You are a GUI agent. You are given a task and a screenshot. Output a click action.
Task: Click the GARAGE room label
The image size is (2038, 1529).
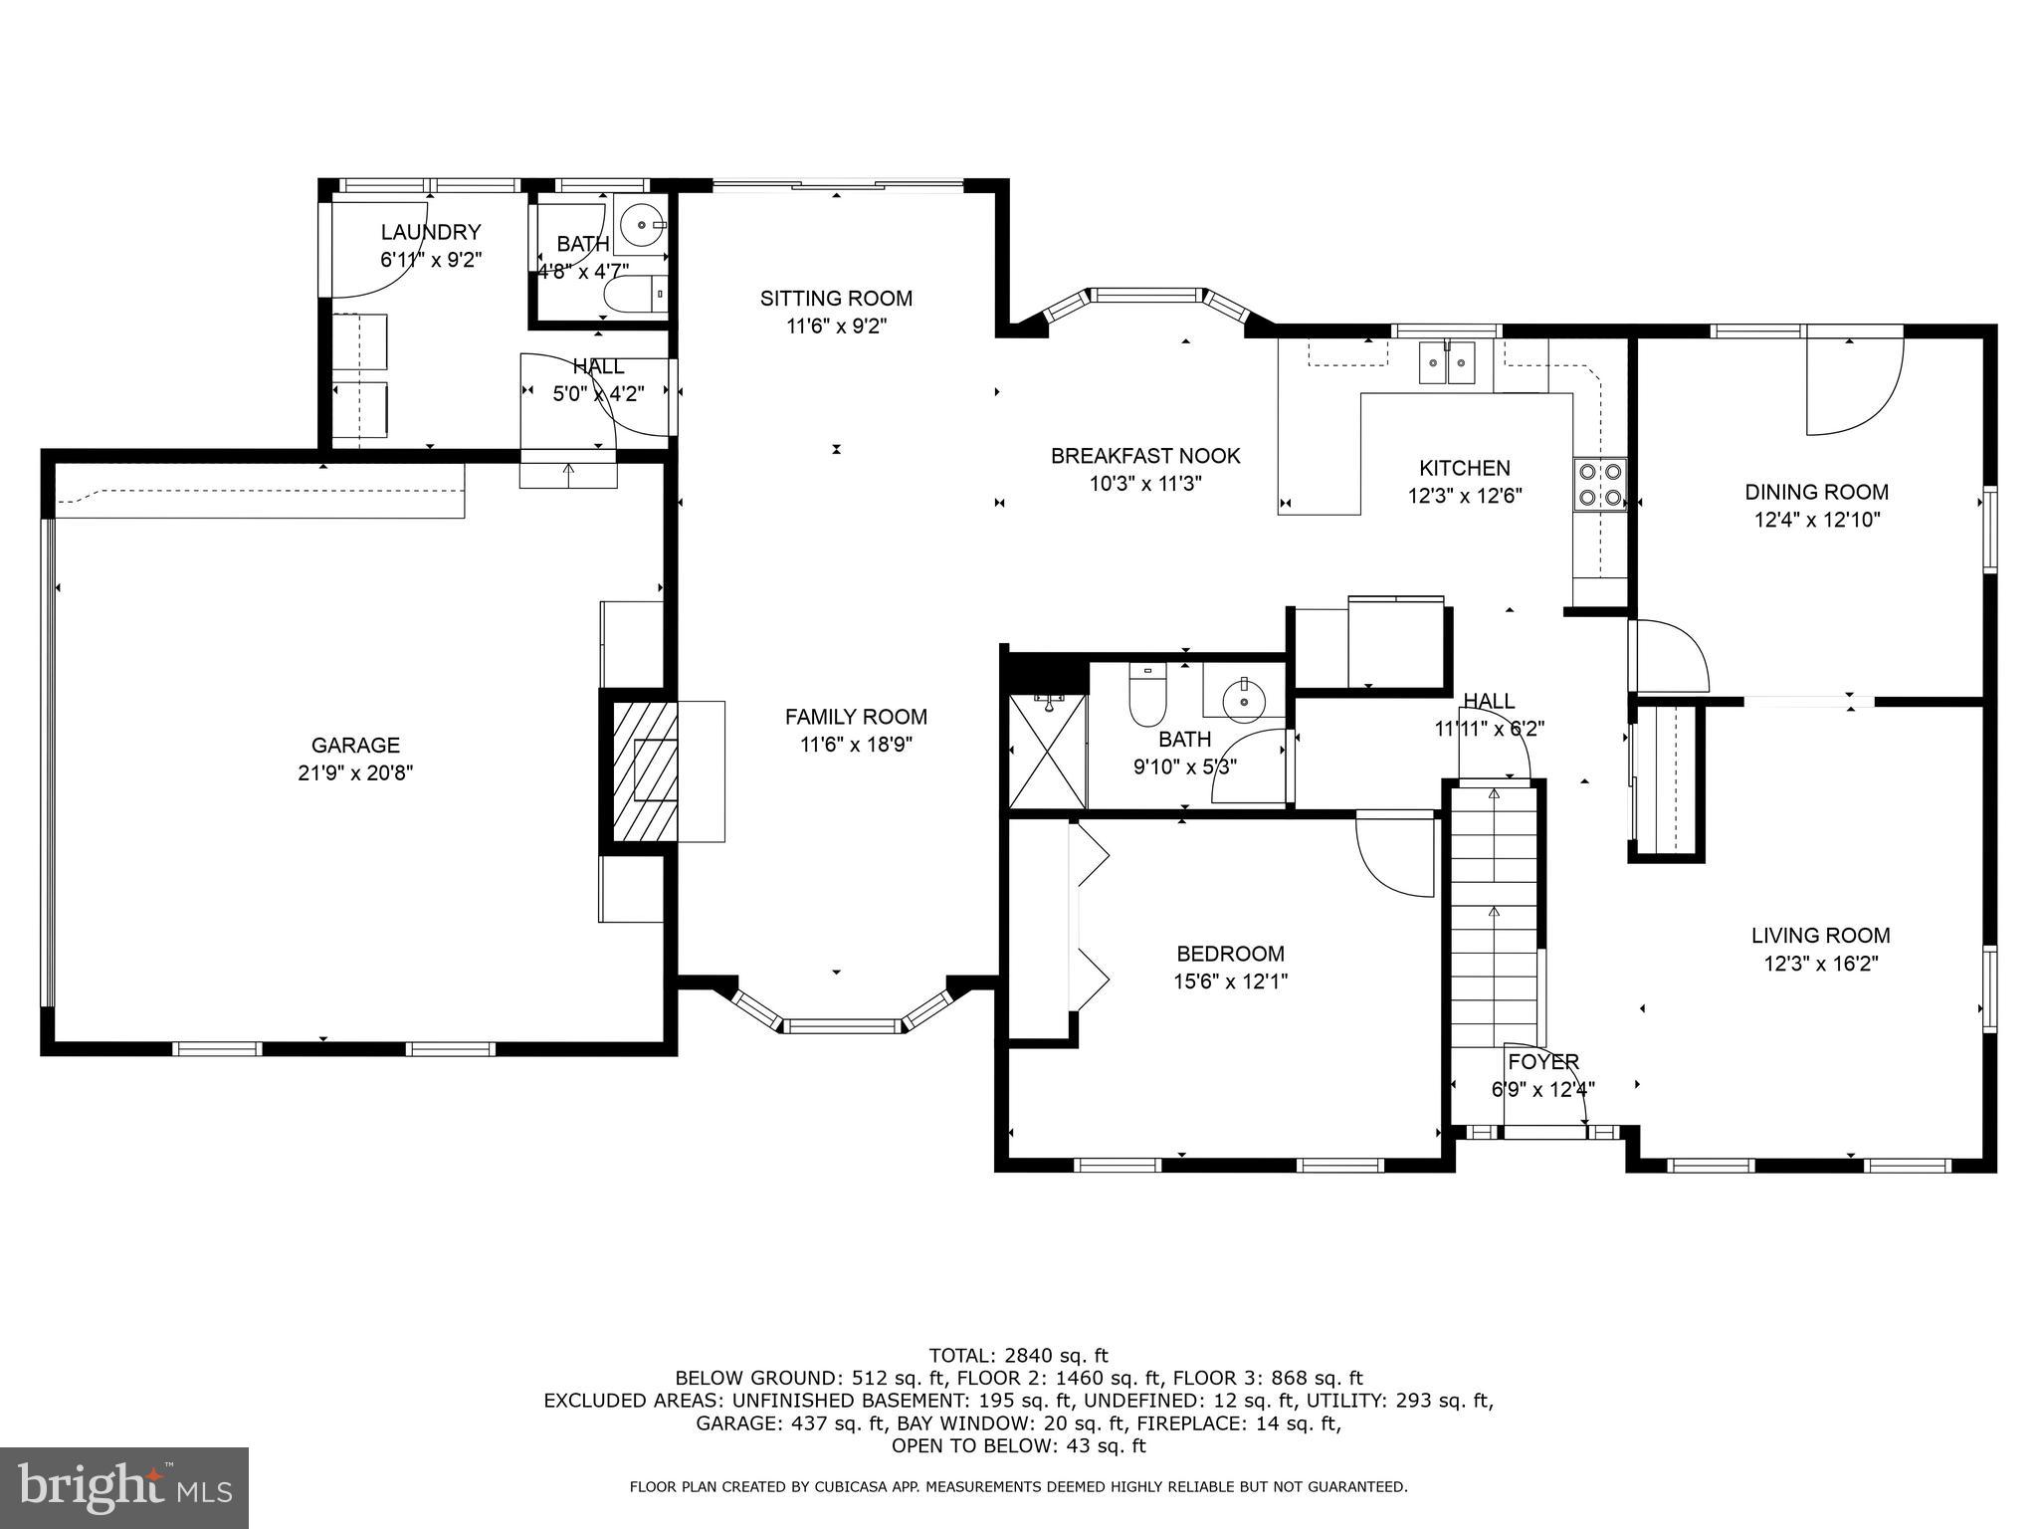pos(355,745)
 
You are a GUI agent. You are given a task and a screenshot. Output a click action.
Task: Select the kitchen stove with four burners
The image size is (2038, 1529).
pos(1598,484)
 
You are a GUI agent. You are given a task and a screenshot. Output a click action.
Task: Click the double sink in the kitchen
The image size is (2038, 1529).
pos(1446,361)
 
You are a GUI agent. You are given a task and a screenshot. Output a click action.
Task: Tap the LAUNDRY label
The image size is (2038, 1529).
pos(431,232)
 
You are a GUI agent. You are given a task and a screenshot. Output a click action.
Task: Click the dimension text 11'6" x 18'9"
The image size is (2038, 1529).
pos(856,745)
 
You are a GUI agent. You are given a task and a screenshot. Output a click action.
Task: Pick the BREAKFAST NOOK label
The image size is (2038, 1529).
pos(1145,456)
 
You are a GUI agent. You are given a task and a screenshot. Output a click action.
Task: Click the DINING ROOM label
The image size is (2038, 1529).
pos(1816,492)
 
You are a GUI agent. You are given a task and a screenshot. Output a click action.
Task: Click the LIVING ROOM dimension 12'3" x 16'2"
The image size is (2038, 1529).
pos(1820,964)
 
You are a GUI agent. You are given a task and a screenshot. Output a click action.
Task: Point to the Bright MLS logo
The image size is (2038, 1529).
pos(124,1487)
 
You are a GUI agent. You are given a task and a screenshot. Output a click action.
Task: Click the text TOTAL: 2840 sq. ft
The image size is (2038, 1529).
pos(1018,1355)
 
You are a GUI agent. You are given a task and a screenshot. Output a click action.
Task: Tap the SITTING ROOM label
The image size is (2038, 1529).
pos(836,298)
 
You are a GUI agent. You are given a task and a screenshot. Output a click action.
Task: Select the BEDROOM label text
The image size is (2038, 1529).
pos(1230,954)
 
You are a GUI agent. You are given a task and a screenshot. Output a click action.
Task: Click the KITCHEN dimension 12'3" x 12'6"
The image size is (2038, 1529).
pos(1464,496)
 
